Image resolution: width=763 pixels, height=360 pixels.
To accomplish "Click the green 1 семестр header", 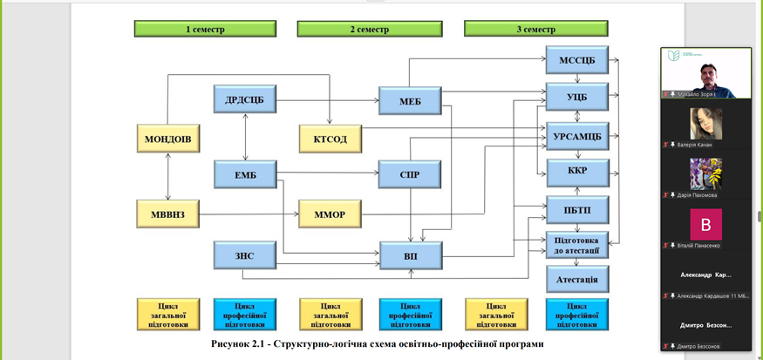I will pyautogui.click(x=205, y=29).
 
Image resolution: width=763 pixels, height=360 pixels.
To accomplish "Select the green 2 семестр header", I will pyautogui.click(x=369, y=29).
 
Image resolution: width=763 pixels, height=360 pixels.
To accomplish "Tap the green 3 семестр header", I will pyautogui.click(x=535, y=29).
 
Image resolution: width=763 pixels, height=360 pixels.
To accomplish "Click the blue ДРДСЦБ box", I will pyautogui.click(x=244, y=99).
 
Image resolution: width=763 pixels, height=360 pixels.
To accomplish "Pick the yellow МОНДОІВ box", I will pyautogui.click(x=168, y=139).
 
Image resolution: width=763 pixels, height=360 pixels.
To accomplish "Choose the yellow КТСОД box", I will pyautogui.click(x=330, y=139).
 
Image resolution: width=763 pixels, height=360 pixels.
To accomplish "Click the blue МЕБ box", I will pyautogui.click(x=410, y=100).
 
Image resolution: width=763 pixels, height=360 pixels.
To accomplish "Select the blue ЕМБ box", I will pyautogui.click(x=244, y=174).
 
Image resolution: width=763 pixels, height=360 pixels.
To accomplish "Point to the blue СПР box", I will pyautogui.click(x=410, y=174).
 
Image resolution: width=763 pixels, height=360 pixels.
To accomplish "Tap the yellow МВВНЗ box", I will pyautogui.click(x=168, y=214).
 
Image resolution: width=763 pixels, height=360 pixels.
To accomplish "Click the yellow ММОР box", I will pyautogui.click(x=330, y=214).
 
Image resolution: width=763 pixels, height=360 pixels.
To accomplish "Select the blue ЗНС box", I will pyautogui.click(x=244, y=255).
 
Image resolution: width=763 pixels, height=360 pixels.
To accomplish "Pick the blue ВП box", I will pyautogui.click(x=411, y=255).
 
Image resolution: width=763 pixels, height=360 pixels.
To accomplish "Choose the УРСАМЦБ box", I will pyautogui.click(x=576, y=135).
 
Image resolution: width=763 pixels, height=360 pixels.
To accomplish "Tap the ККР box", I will pyautogui.click(x=576, y=173).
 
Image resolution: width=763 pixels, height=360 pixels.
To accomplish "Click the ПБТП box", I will pyautogui.click(x=576, y=210).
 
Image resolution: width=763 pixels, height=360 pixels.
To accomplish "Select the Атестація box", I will pyautogui.click(x=576, y=279).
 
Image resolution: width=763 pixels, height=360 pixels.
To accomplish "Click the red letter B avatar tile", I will pyautogui.click(x=705, y=225).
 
